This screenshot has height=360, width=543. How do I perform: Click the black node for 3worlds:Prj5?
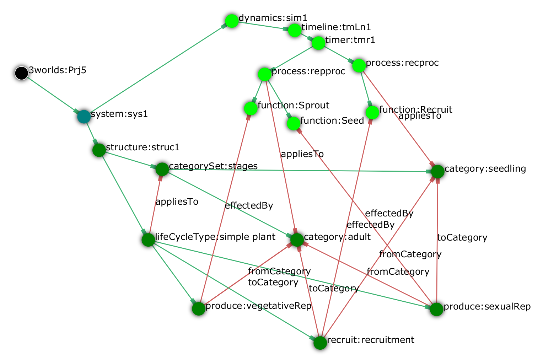point(21,73)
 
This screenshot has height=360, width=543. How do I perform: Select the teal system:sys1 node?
point(84,116)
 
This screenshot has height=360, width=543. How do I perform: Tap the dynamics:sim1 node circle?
point(231,20)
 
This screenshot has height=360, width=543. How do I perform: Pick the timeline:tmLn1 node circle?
point(294,30)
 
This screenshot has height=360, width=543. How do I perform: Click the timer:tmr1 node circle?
point(318,43)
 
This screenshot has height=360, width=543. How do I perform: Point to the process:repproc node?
point(264,74)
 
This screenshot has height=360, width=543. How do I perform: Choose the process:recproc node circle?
point(359,65)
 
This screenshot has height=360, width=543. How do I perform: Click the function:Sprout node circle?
point(251,108)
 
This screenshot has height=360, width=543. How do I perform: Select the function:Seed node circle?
point(293,123)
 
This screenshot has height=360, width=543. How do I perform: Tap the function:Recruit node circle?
point(372,112)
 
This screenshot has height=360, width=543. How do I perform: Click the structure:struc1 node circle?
point(99,150)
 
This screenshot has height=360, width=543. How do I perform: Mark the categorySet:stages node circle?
point(162,169)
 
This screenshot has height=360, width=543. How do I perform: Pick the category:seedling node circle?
point(437,171)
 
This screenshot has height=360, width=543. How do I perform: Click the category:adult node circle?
point(297,240)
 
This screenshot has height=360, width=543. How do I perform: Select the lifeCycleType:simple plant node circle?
point(148,240)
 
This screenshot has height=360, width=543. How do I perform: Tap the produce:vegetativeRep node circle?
point(198,309)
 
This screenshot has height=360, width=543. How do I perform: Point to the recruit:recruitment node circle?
point(320,343)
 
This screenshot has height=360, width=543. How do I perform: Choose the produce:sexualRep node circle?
point(436,309)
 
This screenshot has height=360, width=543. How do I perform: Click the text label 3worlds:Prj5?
point(58,70)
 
